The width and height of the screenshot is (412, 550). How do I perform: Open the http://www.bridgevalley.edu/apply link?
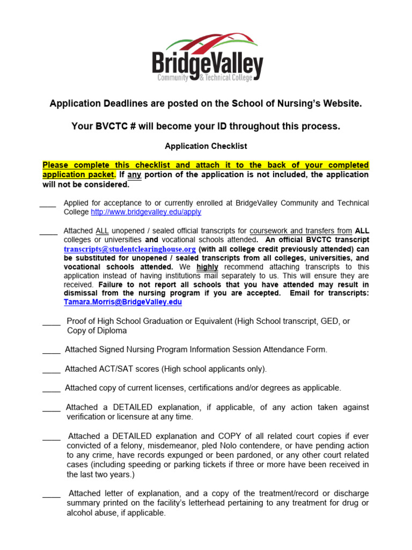point(146,212)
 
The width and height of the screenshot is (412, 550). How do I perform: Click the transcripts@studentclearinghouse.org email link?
point(130,249)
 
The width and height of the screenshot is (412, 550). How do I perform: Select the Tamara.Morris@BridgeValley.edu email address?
point(123,302)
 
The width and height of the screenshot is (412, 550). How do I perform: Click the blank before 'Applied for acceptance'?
point(48,204)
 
